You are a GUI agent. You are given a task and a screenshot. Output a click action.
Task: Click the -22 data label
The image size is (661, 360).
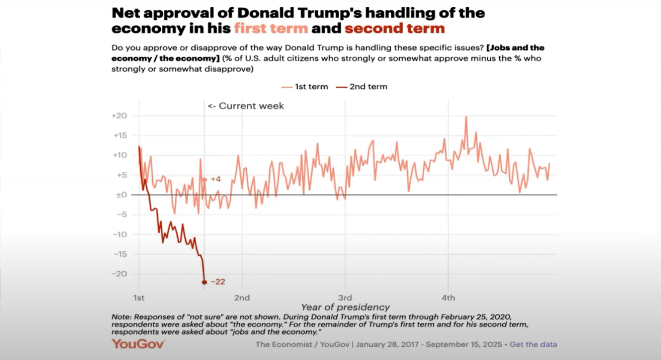218,282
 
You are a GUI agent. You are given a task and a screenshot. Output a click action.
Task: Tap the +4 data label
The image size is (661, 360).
215,179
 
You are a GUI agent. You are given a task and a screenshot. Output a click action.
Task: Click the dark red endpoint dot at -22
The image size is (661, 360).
204,282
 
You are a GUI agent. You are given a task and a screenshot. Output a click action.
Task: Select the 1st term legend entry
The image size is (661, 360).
305,87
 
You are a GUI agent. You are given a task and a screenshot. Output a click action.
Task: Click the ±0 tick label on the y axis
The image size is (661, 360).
121,195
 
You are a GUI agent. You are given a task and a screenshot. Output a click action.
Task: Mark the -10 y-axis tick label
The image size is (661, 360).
120,234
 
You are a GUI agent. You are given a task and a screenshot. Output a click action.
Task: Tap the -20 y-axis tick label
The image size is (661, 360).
120,274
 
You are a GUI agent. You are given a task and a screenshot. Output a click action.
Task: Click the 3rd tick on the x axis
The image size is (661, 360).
345,298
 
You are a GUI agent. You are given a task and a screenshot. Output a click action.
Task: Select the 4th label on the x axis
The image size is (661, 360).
448,298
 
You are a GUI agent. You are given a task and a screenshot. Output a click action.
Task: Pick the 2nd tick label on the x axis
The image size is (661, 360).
242,298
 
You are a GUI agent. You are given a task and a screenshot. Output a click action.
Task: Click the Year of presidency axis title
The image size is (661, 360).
345,307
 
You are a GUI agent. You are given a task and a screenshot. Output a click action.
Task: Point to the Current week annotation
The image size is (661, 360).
246,106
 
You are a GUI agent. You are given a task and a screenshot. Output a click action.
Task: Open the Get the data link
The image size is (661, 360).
533,344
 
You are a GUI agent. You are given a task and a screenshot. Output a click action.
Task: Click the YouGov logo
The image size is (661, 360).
138,344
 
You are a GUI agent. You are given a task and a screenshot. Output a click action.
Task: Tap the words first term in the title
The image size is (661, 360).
271,29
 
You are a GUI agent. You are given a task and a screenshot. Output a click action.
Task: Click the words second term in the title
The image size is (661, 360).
395,29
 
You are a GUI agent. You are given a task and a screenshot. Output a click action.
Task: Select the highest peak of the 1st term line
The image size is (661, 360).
466,117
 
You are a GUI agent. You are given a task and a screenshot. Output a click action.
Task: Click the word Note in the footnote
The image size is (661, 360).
121,317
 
